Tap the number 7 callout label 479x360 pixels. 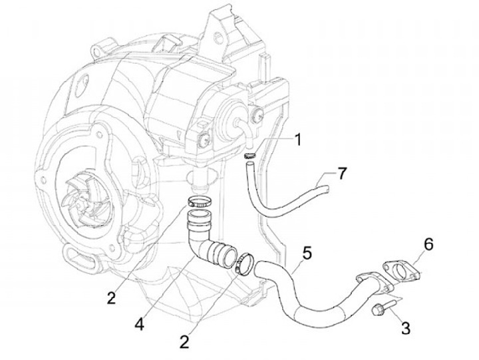tap(341, 174)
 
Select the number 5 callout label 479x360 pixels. tap(307, 253)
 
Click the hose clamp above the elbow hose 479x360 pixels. tap(199, 202)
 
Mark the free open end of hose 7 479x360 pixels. tap(327, 190)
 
